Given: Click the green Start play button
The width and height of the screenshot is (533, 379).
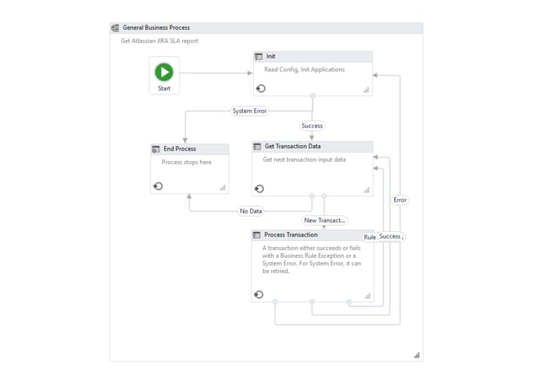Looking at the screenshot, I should pyautogui.click(x=164, y=71).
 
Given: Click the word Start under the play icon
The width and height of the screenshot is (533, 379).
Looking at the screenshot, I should pyautogui.click(x=164, y=88).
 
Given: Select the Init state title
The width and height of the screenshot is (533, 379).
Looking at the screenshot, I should pyautogui.click(x=271, y=56).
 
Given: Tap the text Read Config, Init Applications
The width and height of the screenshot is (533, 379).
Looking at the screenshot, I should pyautogui.click(x=304, y=69).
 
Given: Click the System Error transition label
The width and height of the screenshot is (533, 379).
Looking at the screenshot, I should pyautogui.click(x=249, y=110).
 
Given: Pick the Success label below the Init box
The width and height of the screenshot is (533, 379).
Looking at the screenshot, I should pyautogui.click(x=312, y=126).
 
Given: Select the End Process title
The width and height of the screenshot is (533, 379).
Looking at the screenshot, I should pyautogui.click(x=179, y=149).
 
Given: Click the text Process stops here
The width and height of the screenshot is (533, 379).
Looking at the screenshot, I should pyautogui.click(x=186, y=162).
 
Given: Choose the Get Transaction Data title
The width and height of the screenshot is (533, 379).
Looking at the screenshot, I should pyautogui.click(x=292, y=146).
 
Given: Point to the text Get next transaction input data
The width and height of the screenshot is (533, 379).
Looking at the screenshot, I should pyautogui.click(x=304, y=160).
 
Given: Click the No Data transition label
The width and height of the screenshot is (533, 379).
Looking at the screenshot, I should pyautogui.click(x=251, y=211).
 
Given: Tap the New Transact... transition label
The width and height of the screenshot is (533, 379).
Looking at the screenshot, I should pyautogui.click(x=324, y=220).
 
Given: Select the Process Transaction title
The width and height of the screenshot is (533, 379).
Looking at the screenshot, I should pyautogui.click(x=291, y=235).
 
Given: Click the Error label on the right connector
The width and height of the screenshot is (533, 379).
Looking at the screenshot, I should pyautogui.click(x=400, y=199).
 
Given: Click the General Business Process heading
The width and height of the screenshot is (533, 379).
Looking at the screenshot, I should pyautogui.click(x=156, y=28).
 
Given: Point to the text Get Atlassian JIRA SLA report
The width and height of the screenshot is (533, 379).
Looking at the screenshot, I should pyautogui.click(x=160, y=41).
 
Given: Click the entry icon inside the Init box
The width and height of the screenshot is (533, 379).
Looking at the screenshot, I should pyautogui.click(x=261, y=89).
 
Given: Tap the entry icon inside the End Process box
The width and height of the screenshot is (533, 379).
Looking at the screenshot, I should pyautogui.click(x=158, y=186).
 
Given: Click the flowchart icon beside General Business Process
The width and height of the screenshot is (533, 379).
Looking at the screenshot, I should pyautogui.click(x=116, y=28).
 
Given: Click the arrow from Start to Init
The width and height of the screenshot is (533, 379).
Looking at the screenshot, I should pyautogui.click(x=215, y=73).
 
